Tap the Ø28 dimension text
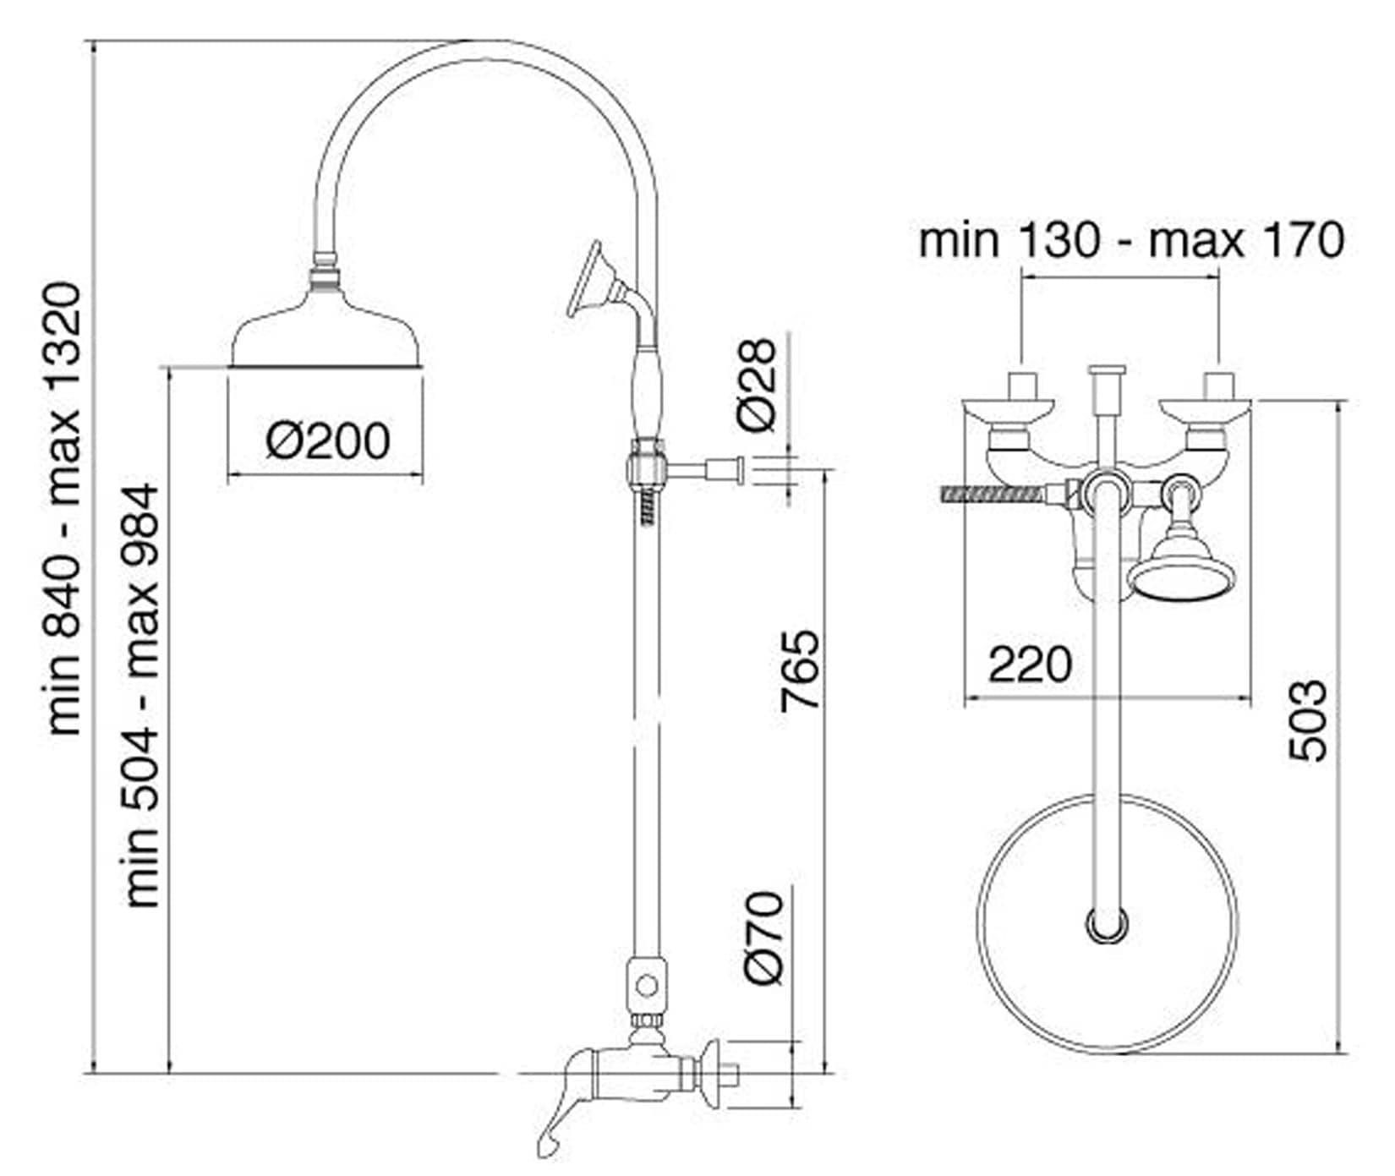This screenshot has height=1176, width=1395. [755, 386]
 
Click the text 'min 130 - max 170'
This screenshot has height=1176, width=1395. [1131, 240]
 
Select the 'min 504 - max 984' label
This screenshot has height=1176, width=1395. [142, 696]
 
